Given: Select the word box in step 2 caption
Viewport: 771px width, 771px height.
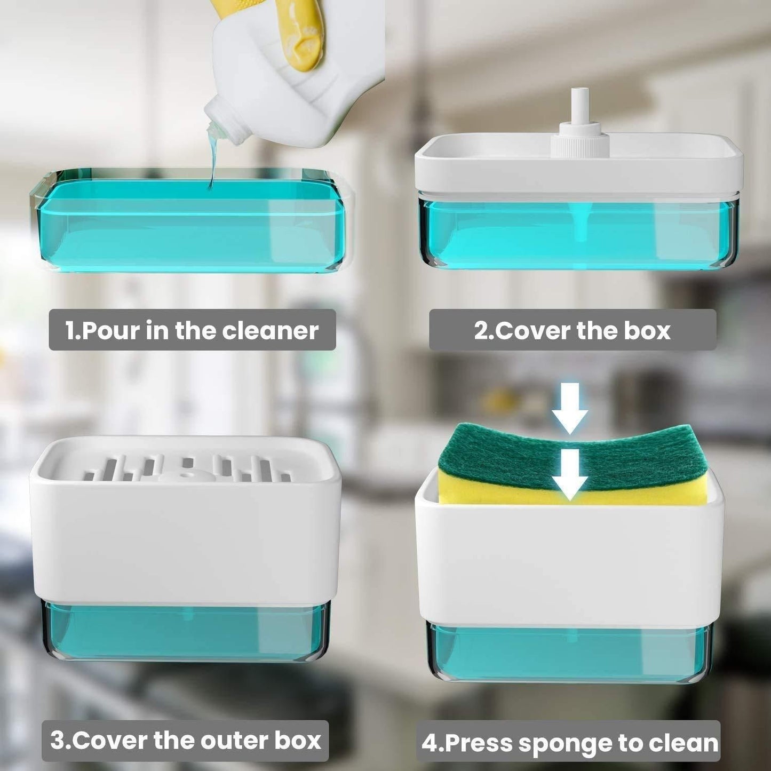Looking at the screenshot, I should (647, 331).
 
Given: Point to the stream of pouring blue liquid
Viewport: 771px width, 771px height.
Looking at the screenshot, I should (214, 160).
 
